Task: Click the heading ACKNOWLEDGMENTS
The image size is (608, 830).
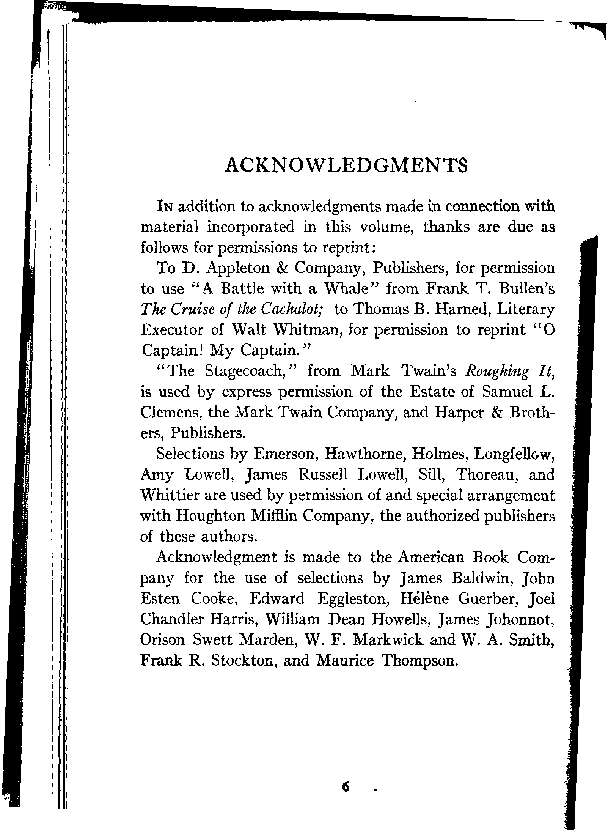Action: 346,165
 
